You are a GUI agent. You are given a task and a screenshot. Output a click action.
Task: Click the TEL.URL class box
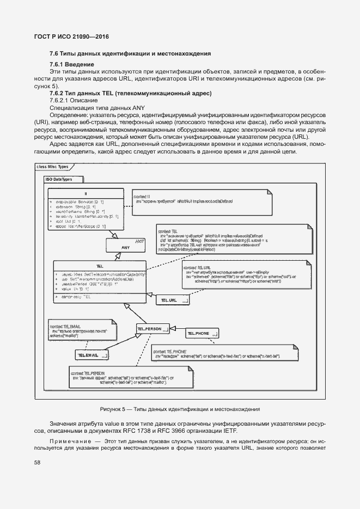pos(173,300)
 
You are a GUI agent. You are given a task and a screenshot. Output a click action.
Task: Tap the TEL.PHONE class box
pos(202,333)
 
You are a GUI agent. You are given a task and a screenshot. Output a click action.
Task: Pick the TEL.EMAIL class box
pos(92,355)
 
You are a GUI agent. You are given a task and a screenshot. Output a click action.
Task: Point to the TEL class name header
pos(100,265)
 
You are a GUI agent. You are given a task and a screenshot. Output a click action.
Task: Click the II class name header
pos(86,194)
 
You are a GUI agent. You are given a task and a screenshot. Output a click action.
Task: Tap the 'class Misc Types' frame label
pos(52,167)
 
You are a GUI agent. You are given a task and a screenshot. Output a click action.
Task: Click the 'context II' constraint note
pos(202,202)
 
